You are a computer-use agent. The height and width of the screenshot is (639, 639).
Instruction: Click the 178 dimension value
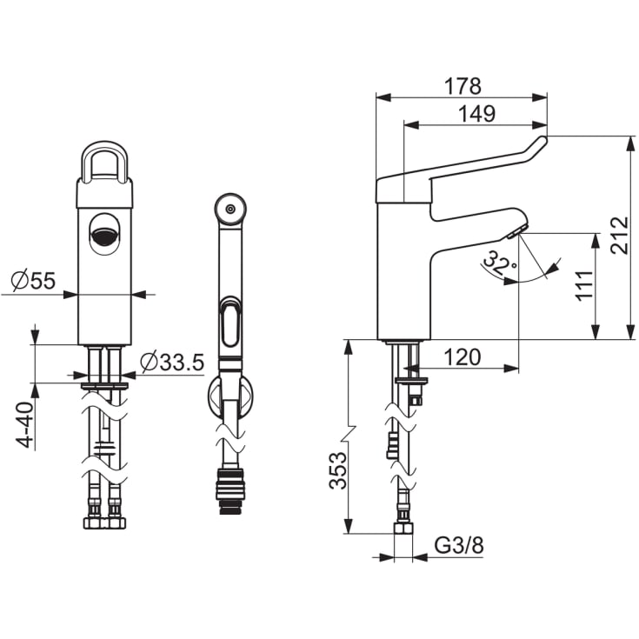463,86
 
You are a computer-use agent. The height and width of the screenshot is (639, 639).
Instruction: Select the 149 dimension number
477,114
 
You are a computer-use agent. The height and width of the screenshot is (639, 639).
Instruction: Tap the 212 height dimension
620,236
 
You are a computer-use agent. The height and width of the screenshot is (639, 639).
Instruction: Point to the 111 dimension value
584,285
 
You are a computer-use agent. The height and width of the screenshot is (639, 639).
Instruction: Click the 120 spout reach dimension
463,357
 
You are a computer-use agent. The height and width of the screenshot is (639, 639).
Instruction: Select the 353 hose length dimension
338,470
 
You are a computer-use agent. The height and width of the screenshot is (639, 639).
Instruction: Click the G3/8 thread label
459,545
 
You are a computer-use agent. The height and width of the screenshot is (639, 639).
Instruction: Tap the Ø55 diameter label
33,280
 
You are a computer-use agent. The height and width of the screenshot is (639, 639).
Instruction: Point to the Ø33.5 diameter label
172,362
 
